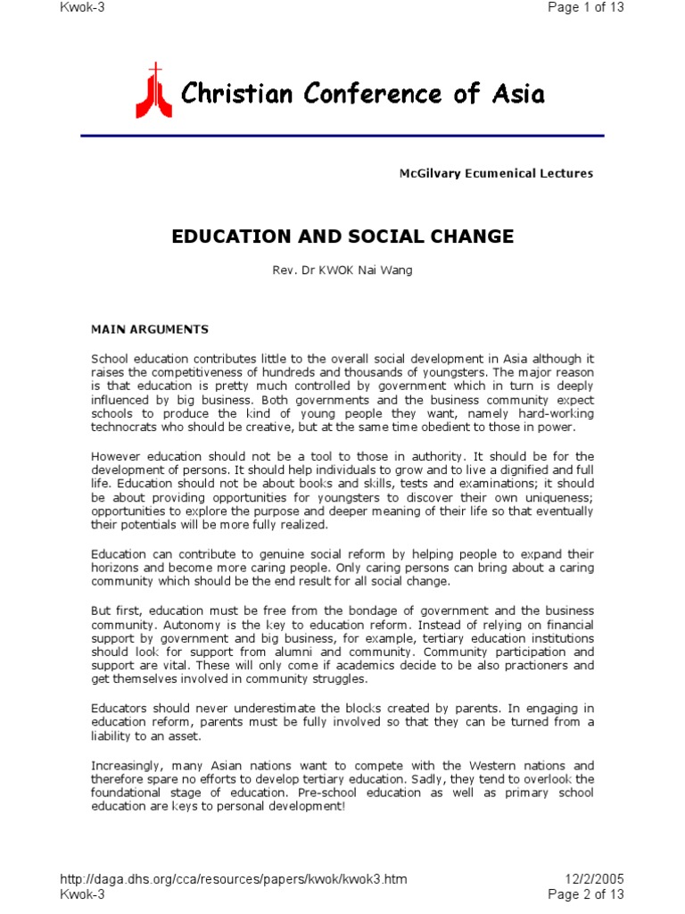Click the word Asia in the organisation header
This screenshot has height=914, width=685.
coord(516,94)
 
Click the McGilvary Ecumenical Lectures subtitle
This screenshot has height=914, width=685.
coord(495,173)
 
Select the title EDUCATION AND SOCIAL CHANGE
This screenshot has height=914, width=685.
coord(342,237)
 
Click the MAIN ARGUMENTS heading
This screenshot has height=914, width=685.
coord(150,329)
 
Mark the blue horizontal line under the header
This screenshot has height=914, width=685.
coord(342,136)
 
